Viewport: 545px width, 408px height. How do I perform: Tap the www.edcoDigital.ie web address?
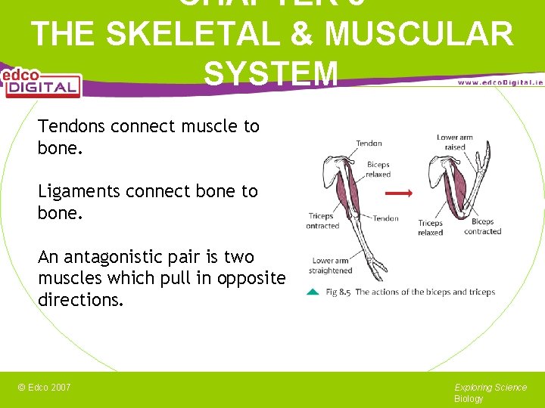point(500,82)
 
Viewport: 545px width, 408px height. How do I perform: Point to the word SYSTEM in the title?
point(271,73)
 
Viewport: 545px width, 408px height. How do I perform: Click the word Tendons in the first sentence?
point(71,126)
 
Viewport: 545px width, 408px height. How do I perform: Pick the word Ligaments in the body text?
point(79,192)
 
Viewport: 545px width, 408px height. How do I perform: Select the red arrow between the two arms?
point(398,193)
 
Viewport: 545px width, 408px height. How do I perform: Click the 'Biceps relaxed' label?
point(378,169)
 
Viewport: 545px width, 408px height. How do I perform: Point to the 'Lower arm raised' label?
point(455,142)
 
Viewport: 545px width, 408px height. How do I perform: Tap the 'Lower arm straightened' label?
point(331,265)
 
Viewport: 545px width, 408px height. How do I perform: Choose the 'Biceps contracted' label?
point(482,227)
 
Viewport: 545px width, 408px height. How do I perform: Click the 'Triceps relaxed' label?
point(430,227)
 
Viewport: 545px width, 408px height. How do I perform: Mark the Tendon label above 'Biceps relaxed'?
point(369,143)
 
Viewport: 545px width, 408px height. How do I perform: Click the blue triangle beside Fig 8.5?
point(313,292)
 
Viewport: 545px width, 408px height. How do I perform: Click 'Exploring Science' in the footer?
point(490,388)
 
